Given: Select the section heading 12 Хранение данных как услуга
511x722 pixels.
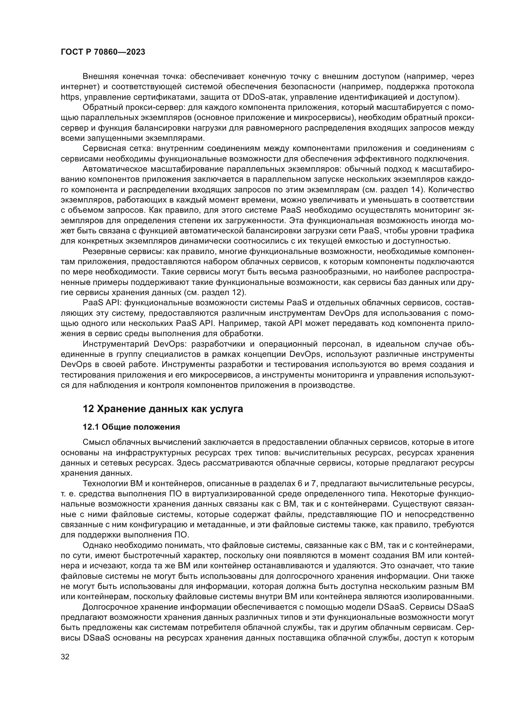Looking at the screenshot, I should pyautogui.click(x=163, y=409).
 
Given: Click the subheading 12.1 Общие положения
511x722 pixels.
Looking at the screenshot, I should pyautogui.click(x=131, y=427).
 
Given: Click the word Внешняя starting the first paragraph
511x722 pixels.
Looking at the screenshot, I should pyautogui.click(x=100, y=77).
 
